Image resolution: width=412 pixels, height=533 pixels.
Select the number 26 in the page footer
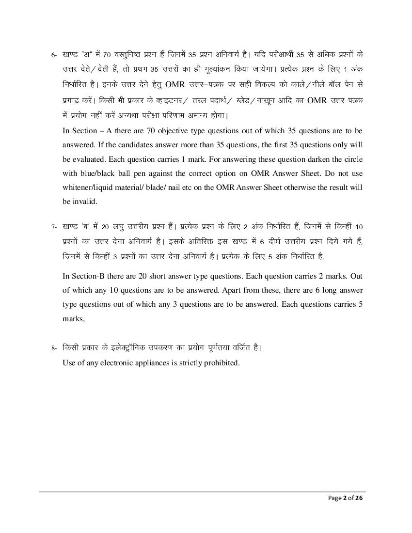pos(359,498)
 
